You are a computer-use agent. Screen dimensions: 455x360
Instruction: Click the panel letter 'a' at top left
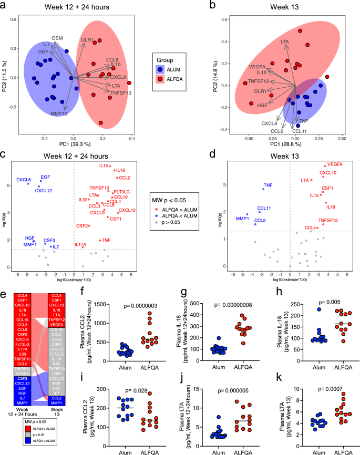coord(4,5)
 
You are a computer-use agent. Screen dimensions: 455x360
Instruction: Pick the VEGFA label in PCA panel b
coord(257,66)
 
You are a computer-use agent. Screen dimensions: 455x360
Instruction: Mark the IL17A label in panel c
coord(80,245)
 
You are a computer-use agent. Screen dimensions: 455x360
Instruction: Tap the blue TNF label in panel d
coord(268,185)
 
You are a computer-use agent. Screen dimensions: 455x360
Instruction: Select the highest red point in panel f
coord(149,314)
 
